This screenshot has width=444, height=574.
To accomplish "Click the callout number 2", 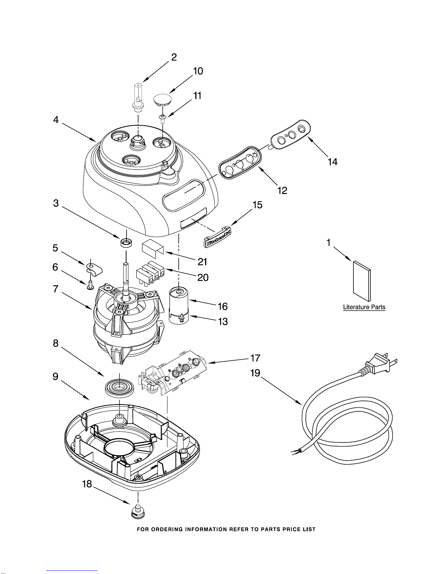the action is [174, 57].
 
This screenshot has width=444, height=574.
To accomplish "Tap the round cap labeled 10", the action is [162, 100].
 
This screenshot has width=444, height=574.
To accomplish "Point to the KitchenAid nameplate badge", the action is [217, 237].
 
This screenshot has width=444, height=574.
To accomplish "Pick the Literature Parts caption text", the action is [364, 307].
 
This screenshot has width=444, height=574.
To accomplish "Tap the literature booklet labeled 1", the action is [362, 281].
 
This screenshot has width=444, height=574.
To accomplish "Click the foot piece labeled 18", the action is [138, 512].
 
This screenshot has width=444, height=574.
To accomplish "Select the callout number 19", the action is [255, 373].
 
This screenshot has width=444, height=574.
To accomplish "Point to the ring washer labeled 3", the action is [126, 242].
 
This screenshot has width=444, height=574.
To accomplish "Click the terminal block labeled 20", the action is [150, 274].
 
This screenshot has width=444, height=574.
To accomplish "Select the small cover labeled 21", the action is [153, 249].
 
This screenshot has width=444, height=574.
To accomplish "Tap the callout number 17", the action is [255, 358].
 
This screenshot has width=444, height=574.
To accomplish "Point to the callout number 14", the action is [333, 162].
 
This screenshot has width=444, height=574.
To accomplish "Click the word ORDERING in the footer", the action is [166, 529].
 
